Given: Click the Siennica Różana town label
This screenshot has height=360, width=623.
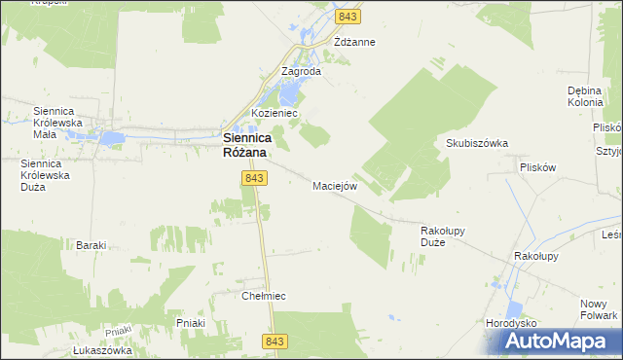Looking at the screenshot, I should click(x=244, y=145).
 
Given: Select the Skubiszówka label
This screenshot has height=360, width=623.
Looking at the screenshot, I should click(x=477, y=143).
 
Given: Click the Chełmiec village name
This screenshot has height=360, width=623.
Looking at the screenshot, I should click(x=268, y=295).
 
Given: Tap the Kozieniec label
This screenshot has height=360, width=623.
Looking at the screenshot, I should click(x=275, y=113).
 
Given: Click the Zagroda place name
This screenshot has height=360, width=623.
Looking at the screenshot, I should click(x=301, y=71).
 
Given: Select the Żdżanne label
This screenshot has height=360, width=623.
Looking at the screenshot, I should click(x=354, y=43).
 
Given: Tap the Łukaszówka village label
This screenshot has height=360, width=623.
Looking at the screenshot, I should click(x=101, y=351).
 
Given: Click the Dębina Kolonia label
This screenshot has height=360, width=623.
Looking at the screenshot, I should click(x=587, y=97).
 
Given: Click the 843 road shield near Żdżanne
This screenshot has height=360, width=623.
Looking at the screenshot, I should click(x=348, y=17).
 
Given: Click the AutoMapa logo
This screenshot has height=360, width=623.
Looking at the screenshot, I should click(x=560, y=340).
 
